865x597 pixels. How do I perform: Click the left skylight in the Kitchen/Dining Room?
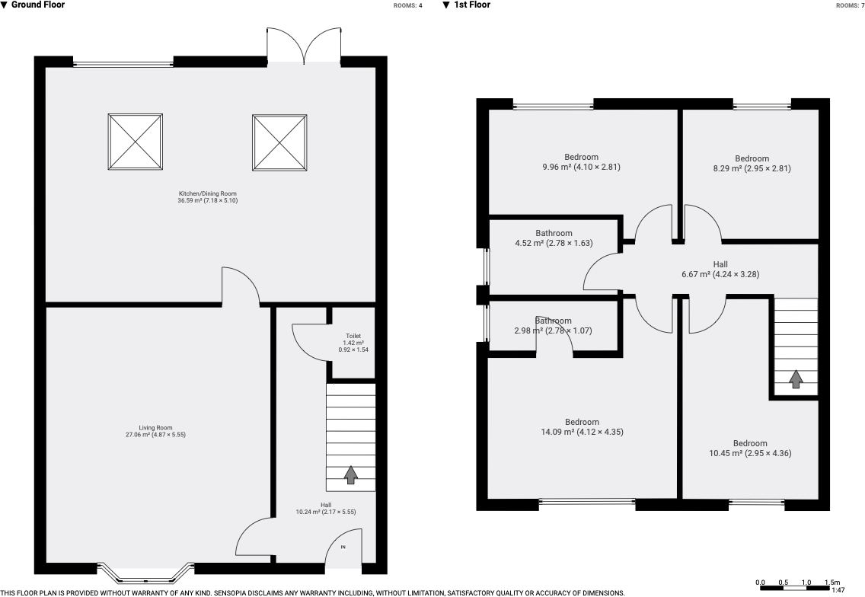(x=136, y=142)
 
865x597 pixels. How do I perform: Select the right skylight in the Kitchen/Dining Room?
(x=280, y=142)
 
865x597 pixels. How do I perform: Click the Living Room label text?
(x=156, y=431)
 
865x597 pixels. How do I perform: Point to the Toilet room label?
(x=353, y=342)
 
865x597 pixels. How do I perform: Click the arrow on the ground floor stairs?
(x=350, y=475)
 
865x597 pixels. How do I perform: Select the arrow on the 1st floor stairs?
(x=796, y=378)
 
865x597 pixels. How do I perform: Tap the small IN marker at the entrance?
(x=343, y=548)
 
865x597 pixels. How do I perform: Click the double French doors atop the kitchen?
(x=304, y=46)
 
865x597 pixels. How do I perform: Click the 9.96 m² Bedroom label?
(x=581, y=162)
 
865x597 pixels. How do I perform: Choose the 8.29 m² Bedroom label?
(x=752, y=164)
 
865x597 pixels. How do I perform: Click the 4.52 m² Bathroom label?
(x=554, y=238)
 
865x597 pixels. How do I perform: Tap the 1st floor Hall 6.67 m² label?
(x=720, y=270)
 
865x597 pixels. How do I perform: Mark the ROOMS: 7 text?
(x=850, y=5)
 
